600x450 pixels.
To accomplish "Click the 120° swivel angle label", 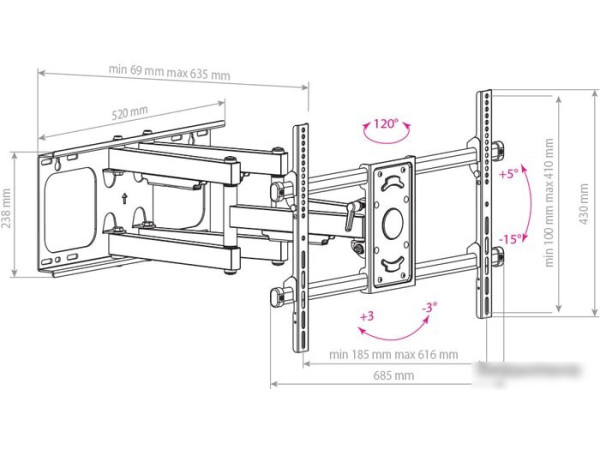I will tap(385, 126).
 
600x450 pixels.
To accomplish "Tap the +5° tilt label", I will tap(509, 173).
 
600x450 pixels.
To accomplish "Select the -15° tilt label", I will tap(510, 238).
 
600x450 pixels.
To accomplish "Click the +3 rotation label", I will tap(368, 317).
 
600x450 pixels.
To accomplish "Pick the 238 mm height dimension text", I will tap(7, 211).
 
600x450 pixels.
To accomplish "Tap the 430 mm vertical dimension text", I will tap(584, 207).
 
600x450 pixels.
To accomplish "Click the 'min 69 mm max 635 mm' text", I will tap(170, 73).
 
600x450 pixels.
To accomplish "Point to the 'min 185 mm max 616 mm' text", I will tap(393, 353).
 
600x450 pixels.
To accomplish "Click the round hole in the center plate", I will tap(393, 220).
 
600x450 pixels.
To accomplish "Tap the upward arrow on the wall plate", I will tap(124, 198).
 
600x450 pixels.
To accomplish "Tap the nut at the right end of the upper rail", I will tap(497, 149).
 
